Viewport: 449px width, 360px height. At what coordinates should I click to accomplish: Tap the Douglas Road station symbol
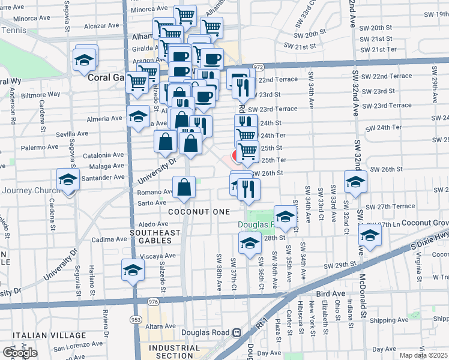click(x=237, y=332)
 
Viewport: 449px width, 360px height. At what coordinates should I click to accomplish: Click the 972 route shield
click(x=259, y=67)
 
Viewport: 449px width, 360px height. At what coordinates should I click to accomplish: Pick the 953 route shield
click(x=137, y=320)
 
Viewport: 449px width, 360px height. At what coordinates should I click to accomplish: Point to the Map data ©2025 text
click(x=424, y=355)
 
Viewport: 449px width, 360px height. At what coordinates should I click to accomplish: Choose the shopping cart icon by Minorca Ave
click(x=185, y=16)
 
